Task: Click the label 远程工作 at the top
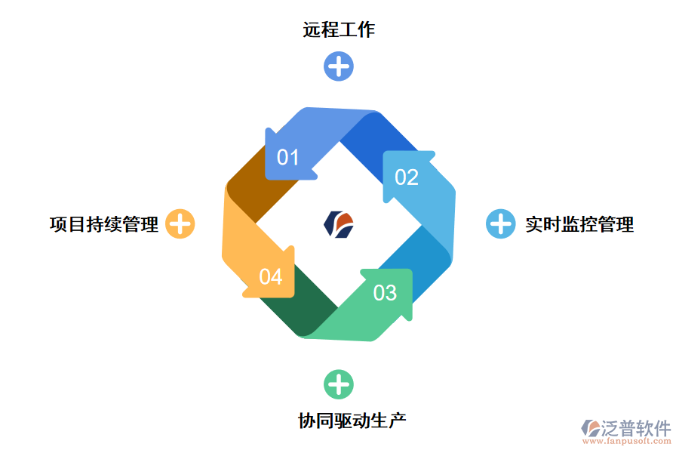click(x=339, y=30)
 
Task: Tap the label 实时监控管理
click(x=579, y=224)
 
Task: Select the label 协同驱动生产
click(x=352, y=421)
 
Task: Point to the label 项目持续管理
click(x=104, y=224)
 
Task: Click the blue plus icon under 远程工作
click(x=339, y=66)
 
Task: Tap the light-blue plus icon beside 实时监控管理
click(x=500, y=224)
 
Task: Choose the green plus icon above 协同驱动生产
click(x=339, y=384)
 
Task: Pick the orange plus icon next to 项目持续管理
click(x=180, y=224)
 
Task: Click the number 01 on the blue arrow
click(x=288, y=157)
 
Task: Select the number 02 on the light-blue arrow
click(x=407, y=177)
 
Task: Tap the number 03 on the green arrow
click(x=385, y=292)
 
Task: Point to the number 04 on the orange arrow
click(x=270, y=277)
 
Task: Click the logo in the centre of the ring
click(x=339, y=223)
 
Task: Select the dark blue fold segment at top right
click(x=377, y=140)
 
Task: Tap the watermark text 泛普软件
click(x=637, y=428)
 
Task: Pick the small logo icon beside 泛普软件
click(x=590, y=428)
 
